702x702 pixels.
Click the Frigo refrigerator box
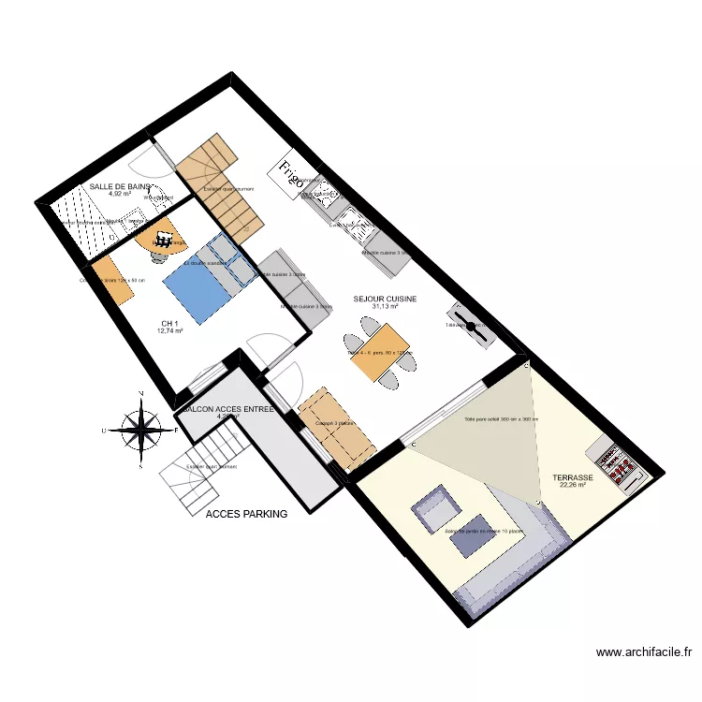coord(290,176)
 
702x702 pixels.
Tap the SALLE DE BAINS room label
coord(120,187)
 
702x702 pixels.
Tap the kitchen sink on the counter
coord(357,224)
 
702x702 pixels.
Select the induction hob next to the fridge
coord(324,195)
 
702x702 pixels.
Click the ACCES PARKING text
coord(246,514)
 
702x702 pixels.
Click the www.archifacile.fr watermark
coord(642,652)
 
